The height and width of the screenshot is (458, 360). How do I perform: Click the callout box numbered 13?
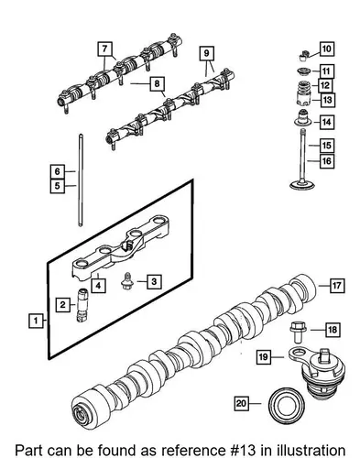[x=328, y=100]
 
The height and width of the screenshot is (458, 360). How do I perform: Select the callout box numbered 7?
[x=104, y=49]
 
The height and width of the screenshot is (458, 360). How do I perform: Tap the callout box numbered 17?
[x=337, y=286]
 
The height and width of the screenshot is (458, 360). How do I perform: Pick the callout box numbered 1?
[x=36, y=321]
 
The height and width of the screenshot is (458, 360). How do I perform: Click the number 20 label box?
[x=241, y=404]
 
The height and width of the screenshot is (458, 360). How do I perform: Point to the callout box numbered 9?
[x=206, y=53]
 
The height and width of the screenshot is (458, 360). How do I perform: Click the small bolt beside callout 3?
[x=126, y=281]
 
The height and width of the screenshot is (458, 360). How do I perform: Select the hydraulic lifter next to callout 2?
[x=81, y=305]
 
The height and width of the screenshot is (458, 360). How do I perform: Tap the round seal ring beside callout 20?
[x=287, y=406]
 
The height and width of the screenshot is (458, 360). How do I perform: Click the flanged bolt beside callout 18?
[x=298, y=332]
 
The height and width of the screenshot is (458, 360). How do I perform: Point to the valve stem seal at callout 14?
[x=303, y=118]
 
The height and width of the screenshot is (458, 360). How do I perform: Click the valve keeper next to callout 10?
[x=303, y=56]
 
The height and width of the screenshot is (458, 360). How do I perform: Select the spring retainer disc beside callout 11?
[x=304, y=71]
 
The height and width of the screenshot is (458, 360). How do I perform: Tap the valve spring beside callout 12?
[x=303, y=89]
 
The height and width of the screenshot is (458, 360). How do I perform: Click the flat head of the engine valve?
[x=302, y=185]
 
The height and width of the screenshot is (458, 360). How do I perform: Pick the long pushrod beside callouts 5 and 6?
[x=81, y=180]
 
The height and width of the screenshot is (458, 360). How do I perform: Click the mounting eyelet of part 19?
[x=297, y=354]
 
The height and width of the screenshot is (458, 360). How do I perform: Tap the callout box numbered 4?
[x=98, y=286]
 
